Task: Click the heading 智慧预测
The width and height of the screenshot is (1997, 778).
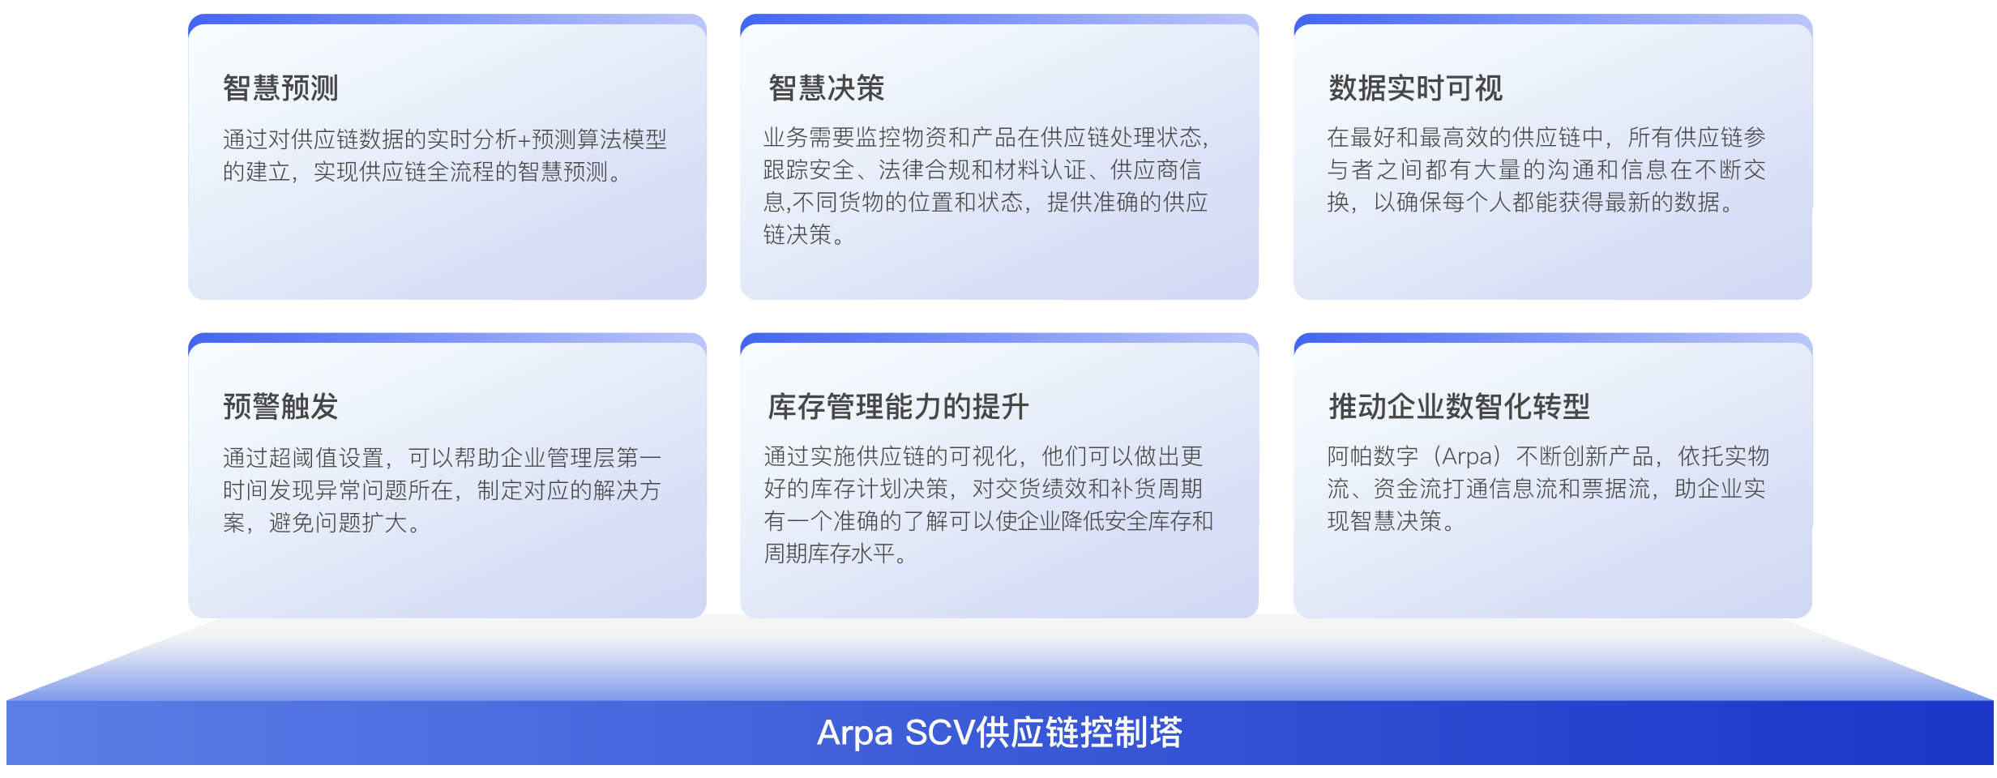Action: tap(280, 88)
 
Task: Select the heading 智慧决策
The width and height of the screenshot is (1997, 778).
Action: tap(826, 88)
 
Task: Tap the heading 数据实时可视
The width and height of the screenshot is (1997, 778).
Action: tap(1415, 88)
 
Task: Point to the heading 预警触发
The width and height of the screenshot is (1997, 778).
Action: tap(280, 406)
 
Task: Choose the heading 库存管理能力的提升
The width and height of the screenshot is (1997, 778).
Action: tap(898, 406)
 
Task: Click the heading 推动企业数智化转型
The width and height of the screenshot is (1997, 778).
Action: tap(1459, 406)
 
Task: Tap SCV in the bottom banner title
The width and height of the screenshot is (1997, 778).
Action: tap(940, 733)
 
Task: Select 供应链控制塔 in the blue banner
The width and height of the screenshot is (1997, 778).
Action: tap(1080, 733)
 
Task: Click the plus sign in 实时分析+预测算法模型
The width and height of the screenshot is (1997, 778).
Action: tap(524, 140)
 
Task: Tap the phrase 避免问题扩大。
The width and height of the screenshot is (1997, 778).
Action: tap(345, 523)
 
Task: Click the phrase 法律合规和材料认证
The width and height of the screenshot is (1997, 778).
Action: tap(982, 170)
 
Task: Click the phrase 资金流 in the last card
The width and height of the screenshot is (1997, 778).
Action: tap(1408, 489)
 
